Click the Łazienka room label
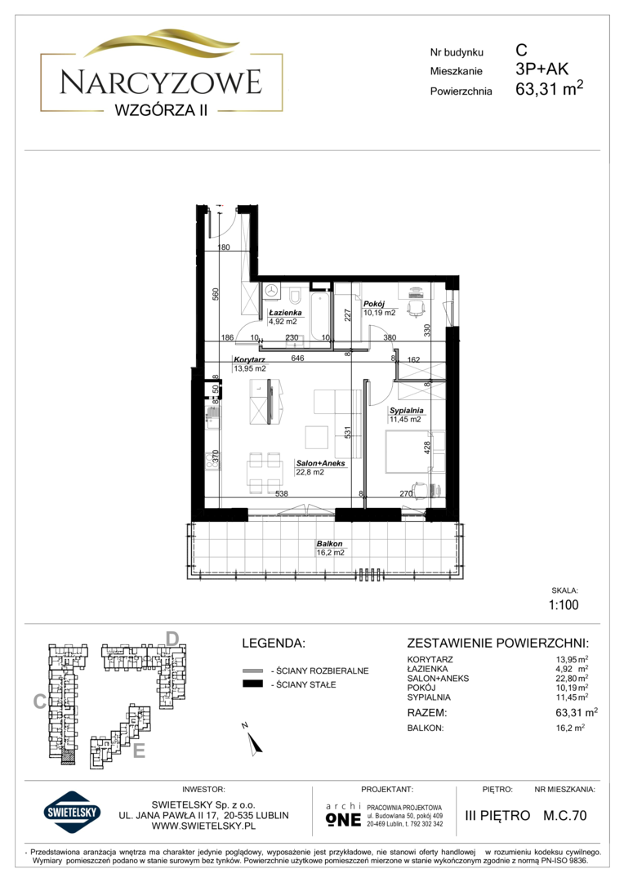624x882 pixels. coord(285,312)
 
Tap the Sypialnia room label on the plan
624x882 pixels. coord(406,411)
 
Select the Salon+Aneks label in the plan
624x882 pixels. coord(321,464)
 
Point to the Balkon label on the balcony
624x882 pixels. coord(329,544)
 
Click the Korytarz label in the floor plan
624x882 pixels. coord(249,359)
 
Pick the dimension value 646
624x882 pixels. coord(297,358)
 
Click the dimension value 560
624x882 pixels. coord(215,295)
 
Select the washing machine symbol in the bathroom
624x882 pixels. coord(273,291)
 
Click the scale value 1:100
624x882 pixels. coord(564,604)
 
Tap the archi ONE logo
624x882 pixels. coord(343,814)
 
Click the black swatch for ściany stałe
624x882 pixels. coord(252,684)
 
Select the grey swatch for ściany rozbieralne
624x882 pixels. coord(252,670)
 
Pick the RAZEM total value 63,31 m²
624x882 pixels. coord(576,713)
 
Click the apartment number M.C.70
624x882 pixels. coord(565,815)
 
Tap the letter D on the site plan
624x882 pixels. coord(172,639)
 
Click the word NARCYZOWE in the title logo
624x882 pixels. coord(161,82)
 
